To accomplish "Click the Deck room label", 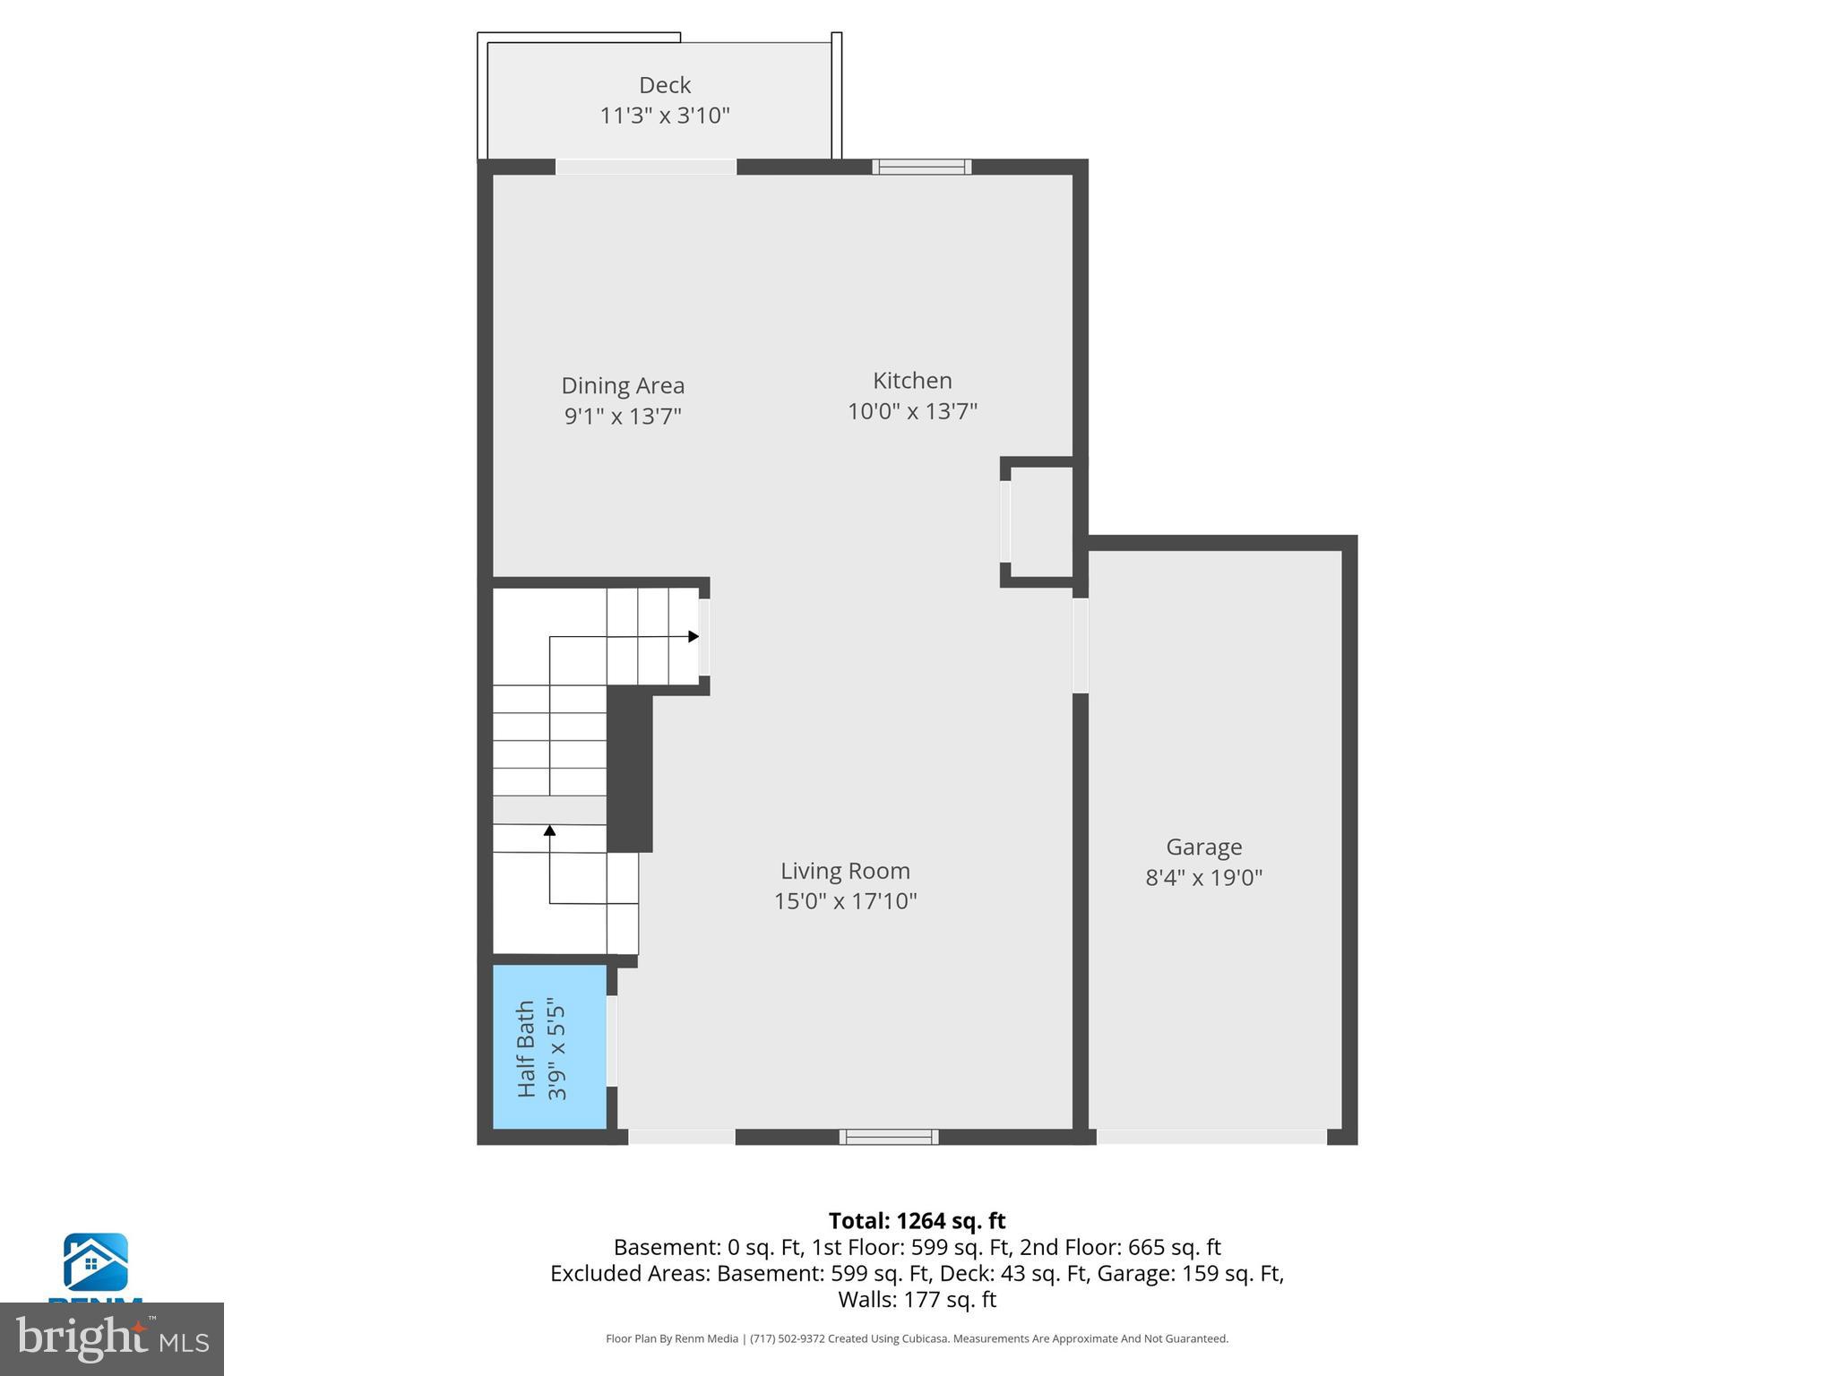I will pos(664,85).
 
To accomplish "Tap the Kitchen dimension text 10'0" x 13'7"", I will pos(912,411).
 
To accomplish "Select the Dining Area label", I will pos(623,385).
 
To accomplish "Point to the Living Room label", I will pos(845,871).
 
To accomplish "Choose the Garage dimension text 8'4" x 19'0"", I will pos(1203,877).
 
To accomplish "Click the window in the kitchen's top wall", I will pos(922,167).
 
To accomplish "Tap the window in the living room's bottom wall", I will pos(889,1137).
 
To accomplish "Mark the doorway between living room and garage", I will pos(1081,645).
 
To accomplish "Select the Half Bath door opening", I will pos(612,1041).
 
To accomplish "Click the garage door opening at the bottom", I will pos(1211,1137).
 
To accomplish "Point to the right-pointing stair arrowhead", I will pos(694,636).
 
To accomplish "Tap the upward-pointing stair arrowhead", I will pos(549,830).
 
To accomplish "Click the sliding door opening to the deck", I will pos(646,167).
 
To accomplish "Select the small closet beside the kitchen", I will pos(1039,522).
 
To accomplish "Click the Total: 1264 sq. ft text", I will pos(917,1221).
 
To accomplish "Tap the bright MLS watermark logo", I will pos(112,1338).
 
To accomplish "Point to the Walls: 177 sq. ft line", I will pos(917,1299).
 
